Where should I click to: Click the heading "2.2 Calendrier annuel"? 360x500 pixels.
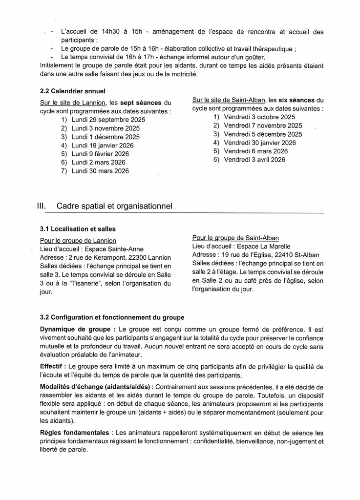72,91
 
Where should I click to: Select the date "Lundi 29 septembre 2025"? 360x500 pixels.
108,120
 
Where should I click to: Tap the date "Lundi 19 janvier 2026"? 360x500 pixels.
102,145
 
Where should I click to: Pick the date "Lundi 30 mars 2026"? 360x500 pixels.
100,171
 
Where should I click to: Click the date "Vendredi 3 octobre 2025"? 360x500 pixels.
259,117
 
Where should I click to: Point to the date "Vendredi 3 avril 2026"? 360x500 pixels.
254,160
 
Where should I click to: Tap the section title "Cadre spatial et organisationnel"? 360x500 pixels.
114,206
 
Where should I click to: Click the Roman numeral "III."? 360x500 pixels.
42,206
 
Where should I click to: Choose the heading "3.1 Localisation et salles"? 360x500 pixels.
78,229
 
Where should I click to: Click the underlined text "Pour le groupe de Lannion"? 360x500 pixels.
78,240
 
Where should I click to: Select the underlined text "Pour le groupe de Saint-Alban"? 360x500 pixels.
235,238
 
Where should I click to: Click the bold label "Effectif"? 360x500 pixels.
52,366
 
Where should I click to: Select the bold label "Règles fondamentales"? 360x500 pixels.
75,433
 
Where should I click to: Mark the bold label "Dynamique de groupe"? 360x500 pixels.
77,330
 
